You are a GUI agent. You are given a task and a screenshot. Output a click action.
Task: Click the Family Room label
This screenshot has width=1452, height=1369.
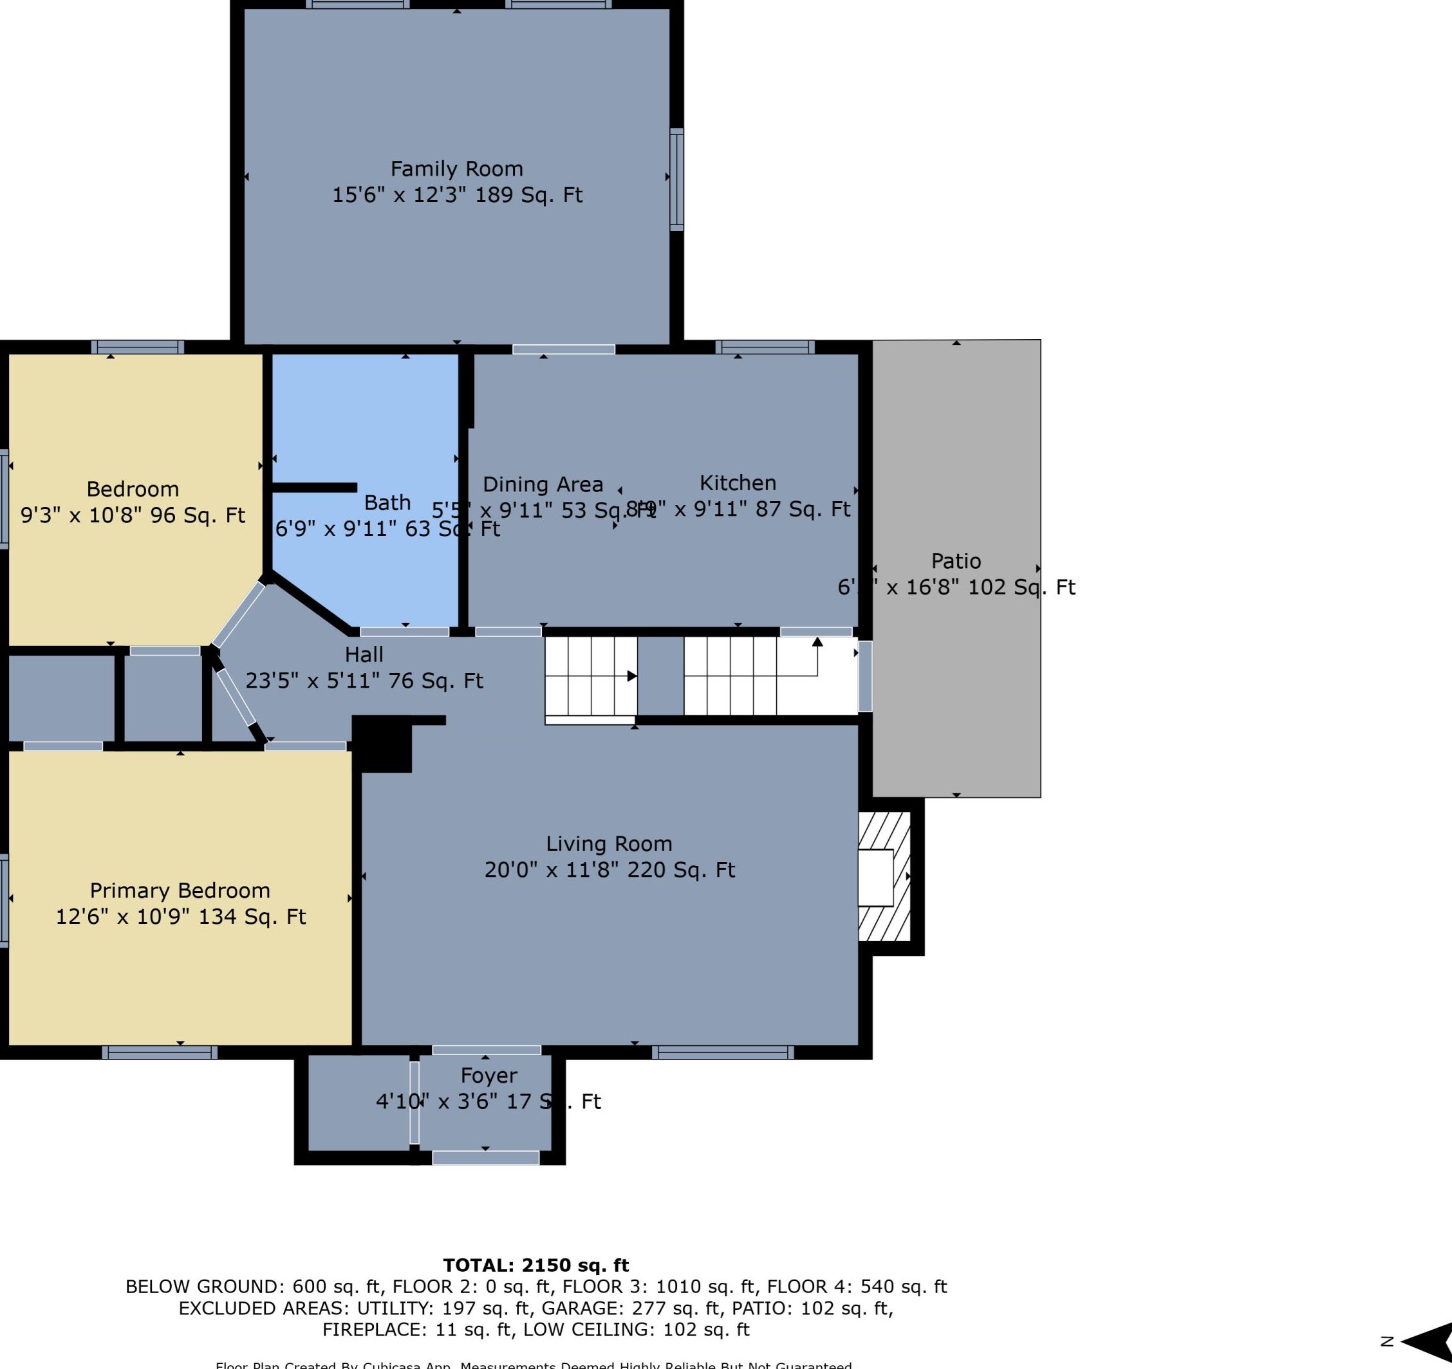pyautogui.click(x=456, y=169)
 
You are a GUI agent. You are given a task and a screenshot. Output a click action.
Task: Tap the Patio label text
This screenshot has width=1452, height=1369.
pyautogui.click(x=955, y=561)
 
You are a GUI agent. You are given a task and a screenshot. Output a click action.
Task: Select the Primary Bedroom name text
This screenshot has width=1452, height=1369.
pyautogui.click(x=180, y=890)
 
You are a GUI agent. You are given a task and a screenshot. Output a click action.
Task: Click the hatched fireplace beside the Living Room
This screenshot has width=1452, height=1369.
pyautogui.click(x=884, y=876)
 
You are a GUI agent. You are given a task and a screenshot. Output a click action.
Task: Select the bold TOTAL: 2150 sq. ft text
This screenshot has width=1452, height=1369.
pyautogui.click(x=535, y=1265)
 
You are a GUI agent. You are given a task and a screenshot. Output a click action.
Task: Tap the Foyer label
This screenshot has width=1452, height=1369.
pyautogui.click(x=489, y=1075)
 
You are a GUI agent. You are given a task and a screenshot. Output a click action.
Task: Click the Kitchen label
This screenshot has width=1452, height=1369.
pyautogui.click(x=737, y=482)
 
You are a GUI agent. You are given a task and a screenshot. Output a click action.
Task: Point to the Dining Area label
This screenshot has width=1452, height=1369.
pyautogui.click(x=543, y=484)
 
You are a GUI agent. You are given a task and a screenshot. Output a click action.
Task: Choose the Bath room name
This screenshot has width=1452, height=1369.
pyautogui.click(x=387, y=502)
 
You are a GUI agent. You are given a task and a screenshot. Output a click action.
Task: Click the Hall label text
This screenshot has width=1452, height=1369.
pyautogui.click(x=364, y=654)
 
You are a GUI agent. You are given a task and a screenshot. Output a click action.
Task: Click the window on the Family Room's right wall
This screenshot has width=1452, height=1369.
pyautogui.click(x=677, y=179)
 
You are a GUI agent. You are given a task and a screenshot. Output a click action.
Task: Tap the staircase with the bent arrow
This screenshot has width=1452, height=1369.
pyautogui.click(x=770, y=675)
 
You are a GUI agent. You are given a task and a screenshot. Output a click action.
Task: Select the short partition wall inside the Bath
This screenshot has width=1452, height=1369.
pyautogui.click(x=314, y=487)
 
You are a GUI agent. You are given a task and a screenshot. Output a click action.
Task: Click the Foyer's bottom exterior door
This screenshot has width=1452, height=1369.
pyautogui.click(x=486, y=1157)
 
